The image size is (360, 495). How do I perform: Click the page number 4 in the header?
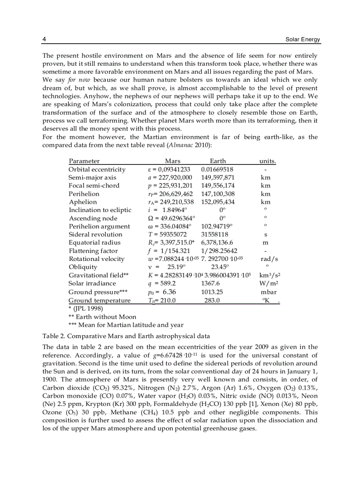coord(44,40)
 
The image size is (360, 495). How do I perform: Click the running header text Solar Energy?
coord(303,40)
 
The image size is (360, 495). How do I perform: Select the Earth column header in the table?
coord(217,161)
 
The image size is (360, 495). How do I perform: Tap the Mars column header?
coord(172,161)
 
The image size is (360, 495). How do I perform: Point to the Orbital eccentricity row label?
coord(97,170)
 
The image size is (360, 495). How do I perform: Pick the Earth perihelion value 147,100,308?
coord(217,194)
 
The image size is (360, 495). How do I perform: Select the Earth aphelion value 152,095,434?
coord(217,202)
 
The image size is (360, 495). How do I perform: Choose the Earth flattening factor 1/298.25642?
coord(219,251)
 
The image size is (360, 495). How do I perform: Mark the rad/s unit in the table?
coord(269,259)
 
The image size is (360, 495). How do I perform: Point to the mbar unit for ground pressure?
coord(269,292)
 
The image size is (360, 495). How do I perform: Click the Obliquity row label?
coord(83,267)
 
